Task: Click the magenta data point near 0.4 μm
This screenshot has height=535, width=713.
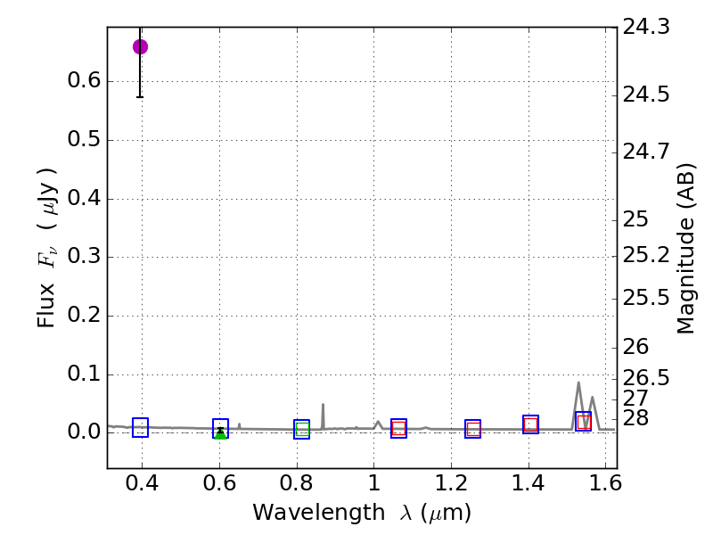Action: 140,46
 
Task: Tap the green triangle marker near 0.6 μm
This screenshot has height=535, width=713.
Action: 220,433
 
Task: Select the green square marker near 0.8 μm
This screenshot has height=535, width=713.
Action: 302,429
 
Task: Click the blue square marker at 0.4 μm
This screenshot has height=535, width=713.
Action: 140,427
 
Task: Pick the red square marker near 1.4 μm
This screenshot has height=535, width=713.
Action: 530,424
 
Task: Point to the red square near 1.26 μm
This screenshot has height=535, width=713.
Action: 473,429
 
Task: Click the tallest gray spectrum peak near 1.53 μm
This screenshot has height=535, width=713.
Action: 578,383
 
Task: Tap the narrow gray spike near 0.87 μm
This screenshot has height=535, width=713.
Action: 323,405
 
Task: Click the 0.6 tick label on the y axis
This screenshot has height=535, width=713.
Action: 83,82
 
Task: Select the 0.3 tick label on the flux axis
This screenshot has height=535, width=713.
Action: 83,258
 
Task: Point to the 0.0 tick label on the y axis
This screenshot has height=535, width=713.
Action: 83,432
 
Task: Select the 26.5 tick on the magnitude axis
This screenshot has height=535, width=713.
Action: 646,377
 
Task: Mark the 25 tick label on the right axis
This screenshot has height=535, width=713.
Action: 637,219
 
